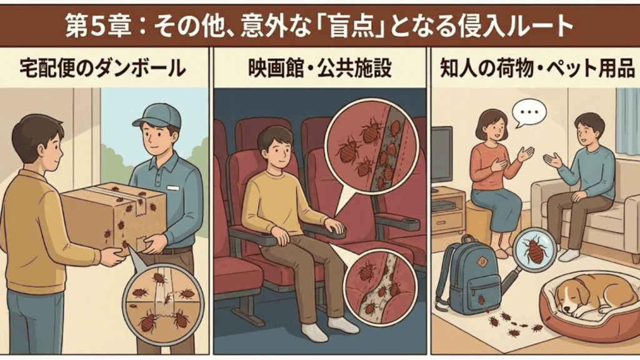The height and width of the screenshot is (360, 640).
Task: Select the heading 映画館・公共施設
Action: coord(320,67)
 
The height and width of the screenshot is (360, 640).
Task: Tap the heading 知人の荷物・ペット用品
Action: coord(534,67)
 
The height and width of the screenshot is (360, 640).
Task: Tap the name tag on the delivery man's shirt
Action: coord(173,187)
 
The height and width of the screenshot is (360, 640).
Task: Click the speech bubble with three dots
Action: coord(528,112)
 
